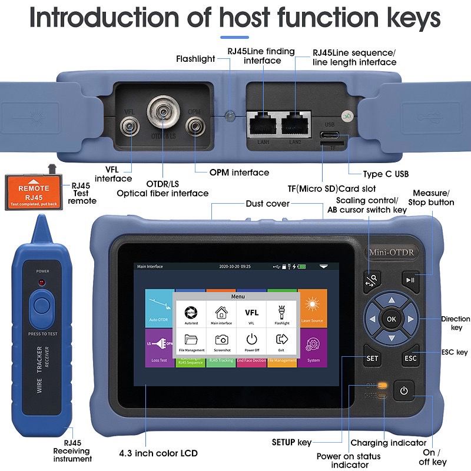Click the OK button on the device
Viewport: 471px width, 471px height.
(x=392, y=319)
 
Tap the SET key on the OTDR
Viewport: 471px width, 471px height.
(x=372, y=357)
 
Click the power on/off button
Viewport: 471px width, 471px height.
(x=403, y=390)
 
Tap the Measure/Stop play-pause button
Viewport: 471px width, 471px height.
(x=410, y=280)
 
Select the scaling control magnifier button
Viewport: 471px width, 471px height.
(x=372, y=280)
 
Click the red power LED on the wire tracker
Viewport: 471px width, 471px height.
(x=42, y=283)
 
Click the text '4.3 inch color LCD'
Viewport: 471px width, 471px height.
(x=166, y=453)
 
